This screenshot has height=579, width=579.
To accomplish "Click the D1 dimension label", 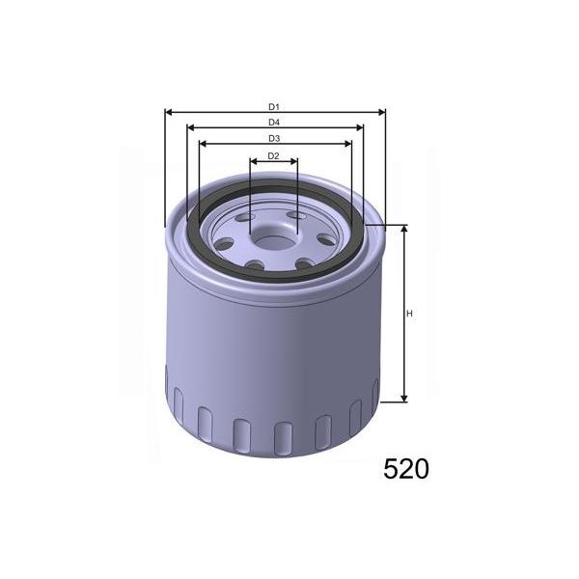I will coord(274,105).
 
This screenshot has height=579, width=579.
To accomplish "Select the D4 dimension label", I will coord(274,122).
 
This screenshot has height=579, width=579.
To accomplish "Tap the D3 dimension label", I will coord(274,138).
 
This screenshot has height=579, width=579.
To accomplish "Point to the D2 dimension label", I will coord(274,155).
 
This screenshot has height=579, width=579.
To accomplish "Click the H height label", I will coord(409,314).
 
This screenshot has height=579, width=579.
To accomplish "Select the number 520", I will coord(406,469).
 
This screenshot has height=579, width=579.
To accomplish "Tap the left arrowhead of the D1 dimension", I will coord(170,112).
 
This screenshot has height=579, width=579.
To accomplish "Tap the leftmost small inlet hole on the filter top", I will coord(223,239).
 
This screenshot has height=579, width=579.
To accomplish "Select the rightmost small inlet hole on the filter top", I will coord(324,238).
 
